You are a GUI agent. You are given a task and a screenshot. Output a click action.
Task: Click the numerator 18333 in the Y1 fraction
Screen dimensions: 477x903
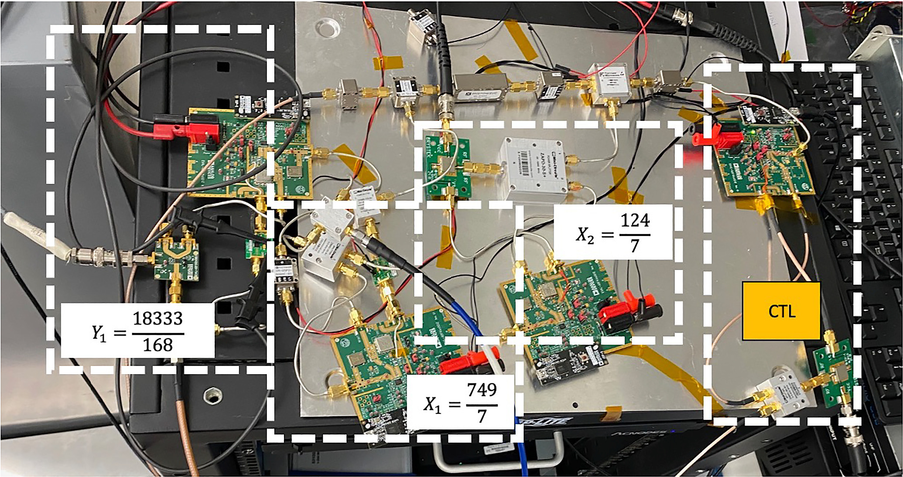coord(157,319)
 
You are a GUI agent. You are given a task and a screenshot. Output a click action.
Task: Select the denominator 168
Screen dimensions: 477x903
coord(157,345)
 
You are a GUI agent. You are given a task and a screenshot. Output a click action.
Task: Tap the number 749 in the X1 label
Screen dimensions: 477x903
coord(482,389)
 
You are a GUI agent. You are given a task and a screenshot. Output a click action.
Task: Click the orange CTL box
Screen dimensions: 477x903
coord(781,311)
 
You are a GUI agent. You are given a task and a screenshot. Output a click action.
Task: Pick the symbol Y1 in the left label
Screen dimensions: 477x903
coord(99,333)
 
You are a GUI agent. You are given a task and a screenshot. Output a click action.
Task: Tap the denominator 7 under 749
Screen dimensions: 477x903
coord(482,416)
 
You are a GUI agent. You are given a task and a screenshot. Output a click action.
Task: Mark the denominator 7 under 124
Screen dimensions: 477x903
coord(635,246)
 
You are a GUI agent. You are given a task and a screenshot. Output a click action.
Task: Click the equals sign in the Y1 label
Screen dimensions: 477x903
coord(120,333)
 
